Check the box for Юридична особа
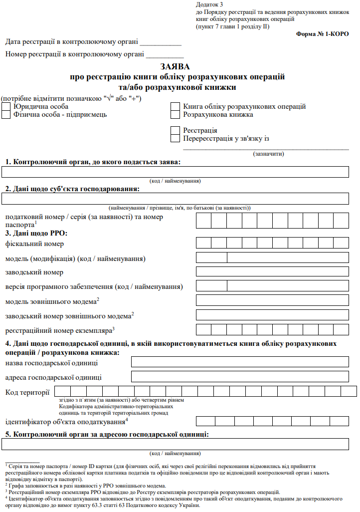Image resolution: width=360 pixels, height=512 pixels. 6,107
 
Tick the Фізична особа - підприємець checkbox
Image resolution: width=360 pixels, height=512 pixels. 6,115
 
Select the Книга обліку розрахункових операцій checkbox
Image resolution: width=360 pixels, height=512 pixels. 175,107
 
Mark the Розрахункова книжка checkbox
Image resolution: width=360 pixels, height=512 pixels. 175,115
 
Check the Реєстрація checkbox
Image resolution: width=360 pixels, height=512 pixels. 175,131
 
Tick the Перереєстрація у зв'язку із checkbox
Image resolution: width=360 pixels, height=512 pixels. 175,139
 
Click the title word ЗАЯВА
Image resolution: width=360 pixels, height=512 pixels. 175,66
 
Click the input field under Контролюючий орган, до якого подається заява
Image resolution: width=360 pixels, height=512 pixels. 175,173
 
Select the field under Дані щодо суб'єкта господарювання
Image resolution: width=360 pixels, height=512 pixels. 175,199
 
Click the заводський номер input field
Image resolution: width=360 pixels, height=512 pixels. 272,272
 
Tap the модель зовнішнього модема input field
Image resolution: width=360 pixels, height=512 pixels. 272,300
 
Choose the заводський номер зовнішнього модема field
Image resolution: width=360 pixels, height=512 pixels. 272,315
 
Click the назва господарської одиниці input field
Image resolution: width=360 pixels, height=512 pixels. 240,362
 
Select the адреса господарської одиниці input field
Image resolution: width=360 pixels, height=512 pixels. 240,377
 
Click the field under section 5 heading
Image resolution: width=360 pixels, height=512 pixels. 175,445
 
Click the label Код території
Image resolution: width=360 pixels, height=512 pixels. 27,392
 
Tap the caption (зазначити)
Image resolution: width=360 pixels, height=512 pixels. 269,154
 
